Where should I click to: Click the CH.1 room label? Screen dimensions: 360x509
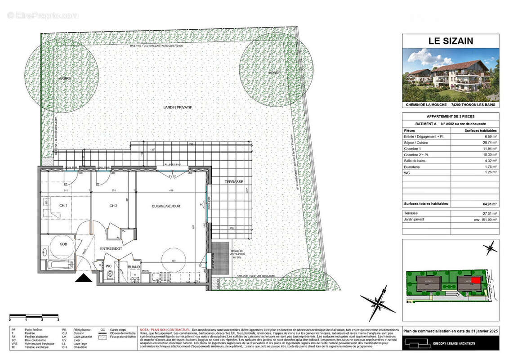(63, 206)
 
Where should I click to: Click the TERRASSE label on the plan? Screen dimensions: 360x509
(234, 182)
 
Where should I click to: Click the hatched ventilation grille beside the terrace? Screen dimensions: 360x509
(220, 259)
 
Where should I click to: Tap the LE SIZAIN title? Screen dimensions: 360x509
(450, 41)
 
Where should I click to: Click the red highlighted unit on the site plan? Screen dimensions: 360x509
(476, 280)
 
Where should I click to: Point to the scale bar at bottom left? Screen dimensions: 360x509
(34, 315)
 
